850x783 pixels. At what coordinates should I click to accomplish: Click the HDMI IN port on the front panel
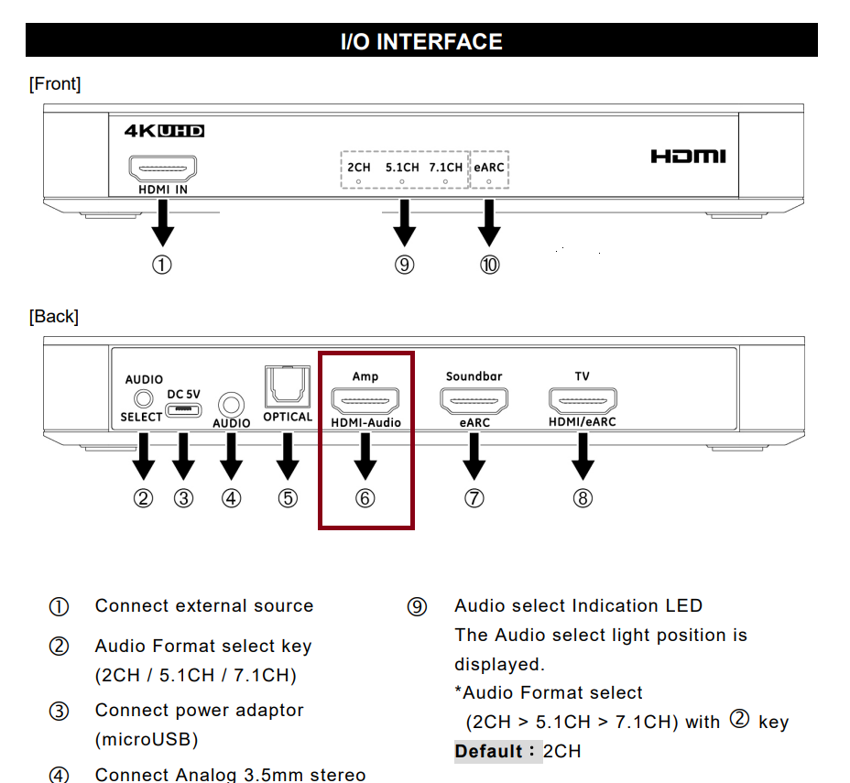pyautogui.click(x=162, y=169)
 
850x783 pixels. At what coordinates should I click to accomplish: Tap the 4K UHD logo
pyautogui.click(x=164, y=131)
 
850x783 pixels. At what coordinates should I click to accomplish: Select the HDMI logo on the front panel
pyautogui.click(x=688, y=157)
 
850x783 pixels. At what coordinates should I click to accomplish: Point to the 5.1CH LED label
pyautogui.click(x=402, y=168)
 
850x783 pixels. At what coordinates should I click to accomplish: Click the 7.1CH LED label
pyautogui.click(x=445, y=168)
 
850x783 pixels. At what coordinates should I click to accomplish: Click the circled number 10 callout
pyautogui.click(x=490, y=265)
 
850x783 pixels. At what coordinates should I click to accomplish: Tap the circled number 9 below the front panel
pyautogui.click(x=404, y=265)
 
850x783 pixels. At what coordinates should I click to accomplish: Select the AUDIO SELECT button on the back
pyautogui.click(x=142, y=398)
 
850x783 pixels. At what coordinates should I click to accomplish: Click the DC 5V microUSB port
pyautogui.click(x=183, y=408)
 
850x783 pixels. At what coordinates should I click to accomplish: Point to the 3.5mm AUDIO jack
pyautogui.click(x=231, y=403)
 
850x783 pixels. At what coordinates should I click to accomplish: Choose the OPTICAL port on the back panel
pyautogui.click(x=288, y=387)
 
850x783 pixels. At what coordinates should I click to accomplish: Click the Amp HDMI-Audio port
pyautogui.click(x=365, y=400)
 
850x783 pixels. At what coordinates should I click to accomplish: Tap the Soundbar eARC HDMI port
pyautogui.click(x=474, y=400)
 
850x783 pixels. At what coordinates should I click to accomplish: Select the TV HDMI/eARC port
pyautogui.click(x=583, y=400)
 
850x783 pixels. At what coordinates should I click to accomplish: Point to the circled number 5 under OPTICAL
pyautogui.click(x=288, y=498)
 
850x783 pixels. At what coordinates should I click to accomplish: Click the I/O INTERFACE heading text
pyautogui.click(x=421, y=42)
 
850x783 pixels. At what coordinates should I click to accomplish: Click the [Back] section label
pyautogui.click(x=54, y=317)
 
